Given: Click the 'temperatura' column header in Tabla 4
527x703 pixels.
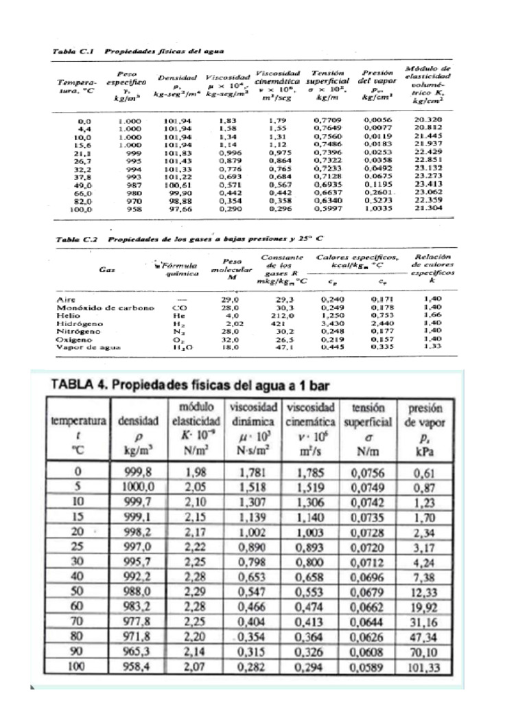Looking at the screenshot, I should coord(78,420).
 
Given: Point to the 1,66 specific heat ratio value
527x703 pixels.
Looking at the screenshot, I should coord(432,316).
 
